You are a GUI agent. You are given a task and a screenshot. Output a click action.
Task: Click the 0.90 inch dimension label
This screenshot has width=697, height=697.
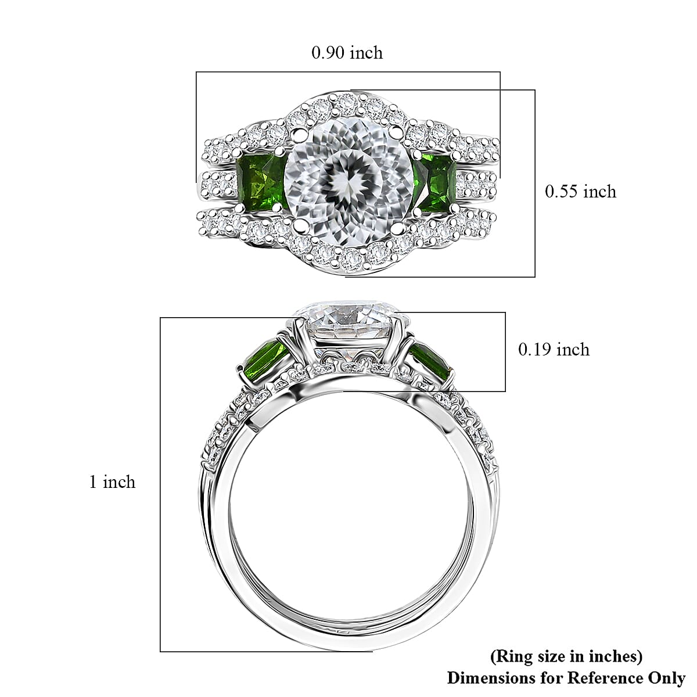tap(347, 53)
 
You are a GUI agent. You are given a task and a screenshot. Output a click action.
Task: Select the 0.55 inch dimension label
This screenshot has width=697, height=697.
tap(580, 192)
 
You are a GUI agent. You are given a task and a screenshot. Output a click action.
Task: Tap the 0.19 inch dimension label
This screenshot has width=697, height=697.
tap(554, 350)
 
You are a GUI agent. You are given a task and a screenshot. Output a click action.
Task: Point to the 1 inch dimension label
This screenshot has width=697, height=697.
tap(112, 482)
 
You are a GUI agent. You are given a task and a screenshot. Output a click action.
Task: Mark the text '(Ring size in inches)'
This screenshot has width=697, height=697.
tap(566, 656)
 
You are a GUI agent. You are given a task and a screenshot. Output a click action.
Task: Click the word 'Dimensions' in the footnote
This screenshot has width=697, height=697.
tap(490, 678)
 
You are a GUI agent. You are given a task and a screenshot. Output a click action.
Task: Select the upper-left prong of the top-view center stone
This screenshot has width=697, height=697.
tap(299, 135)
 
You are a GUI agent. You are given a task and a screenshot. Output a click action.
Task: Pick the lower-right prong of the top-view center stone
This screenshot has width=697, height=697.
tap(396, 223)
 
